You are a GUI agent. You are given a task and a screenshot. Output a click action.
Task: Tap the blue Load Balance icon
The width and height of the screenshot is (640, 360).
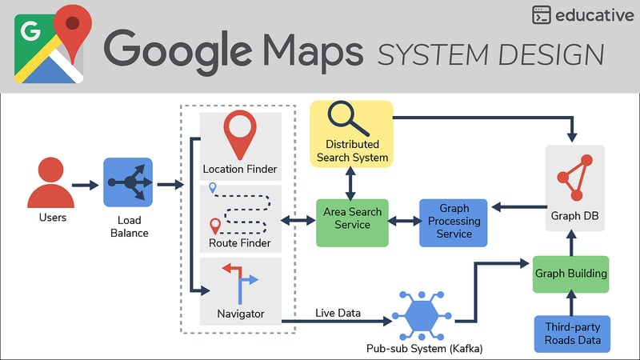point(128,183)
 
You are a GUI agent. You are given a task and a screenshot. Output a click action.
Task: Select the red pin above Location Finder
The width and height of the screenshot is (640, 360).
point(240,134)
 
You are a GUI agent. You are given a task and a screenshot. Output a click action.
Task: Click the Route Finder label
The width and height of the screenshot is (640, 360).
point(240,243)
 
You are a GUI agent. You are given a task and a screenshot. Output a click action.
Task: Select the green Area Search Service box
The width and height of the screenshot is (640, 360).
point(352,222)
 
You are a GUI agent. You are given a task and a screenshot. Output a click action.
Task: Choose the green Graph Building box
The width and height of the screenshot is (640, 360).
point(570,274)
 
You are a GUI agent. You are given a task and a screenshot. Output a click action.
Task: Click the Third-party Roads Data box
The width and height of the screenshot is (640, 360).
point(572,334)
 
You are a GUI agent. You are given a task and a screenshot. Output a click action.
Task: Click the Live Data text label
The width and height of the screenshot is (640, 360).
point(338,312)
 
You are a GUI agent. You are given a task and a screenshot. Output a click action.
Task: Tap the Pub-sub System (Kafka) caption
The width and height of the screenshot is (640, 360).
point(419,349)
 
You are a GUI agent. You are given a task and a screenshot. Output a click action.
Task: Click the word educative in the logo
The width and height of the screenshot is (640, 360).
point(595,15)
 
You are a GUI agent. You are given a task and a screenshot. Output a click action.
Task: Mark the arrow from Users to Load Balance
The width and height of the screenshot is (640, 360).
point(85,185)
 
